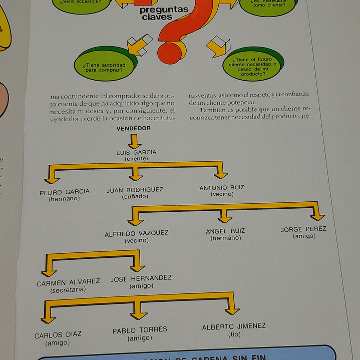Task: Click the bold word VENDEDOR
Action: (134, 128)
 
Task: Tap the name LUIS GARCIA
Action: (136, 152)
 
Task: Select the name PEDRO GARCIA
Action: (65, 192)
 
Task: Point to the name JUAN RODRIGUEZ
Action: (135, 190)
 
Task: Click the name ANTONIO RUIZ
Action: (222, 188)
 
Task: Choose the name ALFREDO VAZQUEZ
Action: (136, 233)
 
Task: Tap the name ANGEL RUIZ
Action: (225, 231)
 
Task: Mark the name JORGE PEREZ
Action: (303, 229)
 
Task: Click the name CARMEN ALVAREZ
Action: (68, 282)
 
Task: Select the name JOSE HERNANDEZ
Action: (141, 278)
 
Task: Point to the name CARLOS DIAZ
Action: (58, 335)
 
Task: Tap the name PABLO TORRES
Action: (140, 330)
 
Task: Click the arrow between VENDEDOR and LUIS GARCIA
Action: (134, 141)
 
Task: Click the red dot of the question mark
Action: (169, 53)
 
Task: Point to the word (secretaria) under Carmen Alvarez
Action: (68, 290)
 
